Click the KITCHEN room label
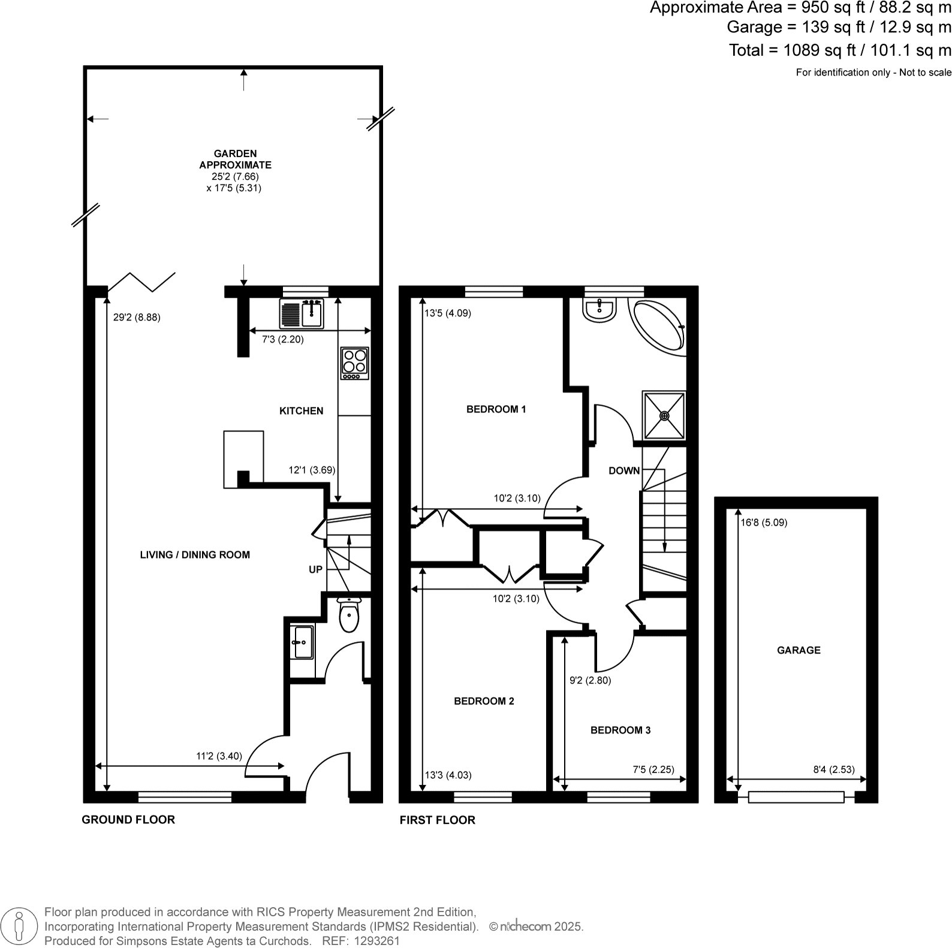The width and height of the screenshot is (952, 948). pyautogui.click(x=301, y=411)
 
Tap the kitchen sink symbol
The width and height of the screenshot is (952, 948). pyautogui.click(x=302, y=313)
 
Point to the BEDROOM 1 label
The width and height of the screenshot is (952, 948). pyautogui.click(x=496, y=409)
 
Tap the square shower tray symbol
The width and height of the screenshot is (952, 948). pyautogui.click(x=664, y=415)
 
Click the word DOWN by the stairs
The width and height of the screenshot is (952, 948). pyautogui.click(x=624, y=471)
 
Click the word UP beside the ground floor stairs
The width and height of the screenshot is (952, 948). pyautogui.click(x=315, y=570)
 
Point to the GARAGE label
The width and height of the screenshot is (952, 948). pyautogui.click(x=799, y=650)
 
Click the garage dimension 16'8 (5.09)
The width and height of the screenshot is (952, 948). pyautogui.click(x=764, y=523)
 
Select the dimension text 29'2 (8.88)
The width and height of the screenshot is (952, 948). pyautogui.click(x=137, y=318)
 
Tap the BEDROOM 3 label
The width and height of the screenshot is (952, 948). pyautogui.click(x=620, y=730)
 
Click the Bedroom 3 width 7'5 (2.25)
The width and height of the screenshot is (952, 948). pyautogui.click(x=658, y=770)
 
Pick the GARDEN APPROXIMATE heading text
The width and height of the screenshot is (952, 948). pyautogui.click(x=236, y=159)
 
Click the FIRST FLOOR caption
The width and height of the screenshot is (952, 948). pyautogui.click(x=437, y=820)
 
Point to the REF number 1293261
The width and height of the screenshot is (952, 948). pyautogui.click(x=377, y=941)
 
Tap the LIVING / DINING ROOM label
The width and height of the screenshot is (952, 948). pyautogui.click(x=195, y=555)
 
